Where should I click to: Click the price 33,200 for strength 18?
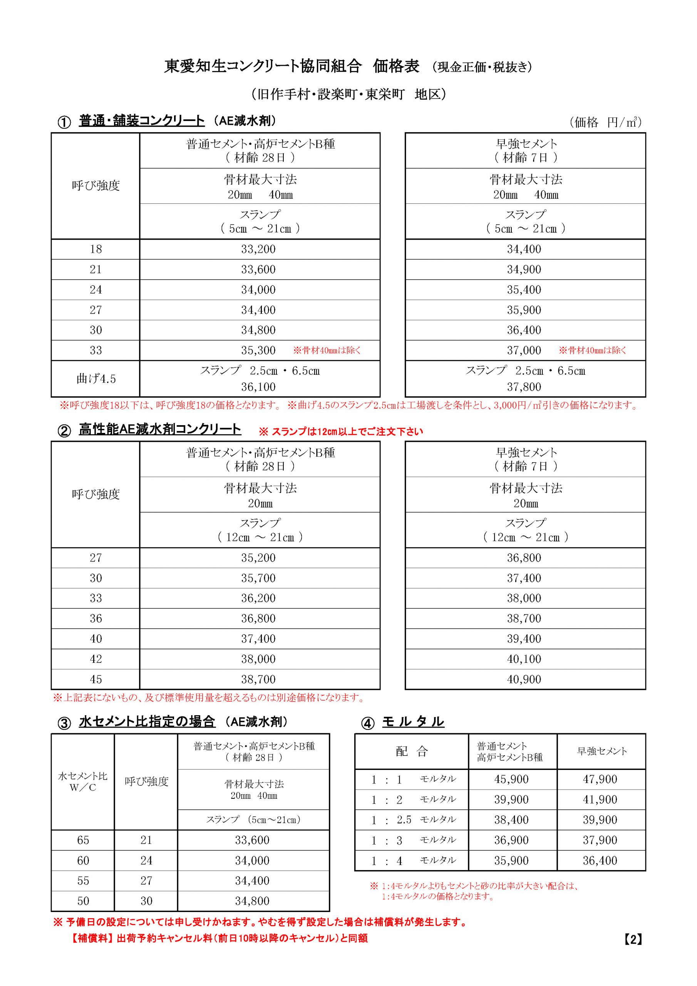click(258, 249)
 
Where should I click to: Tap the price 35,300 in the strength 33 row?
click(258, 350)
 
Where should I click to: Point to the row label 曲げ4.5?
click(96, 379)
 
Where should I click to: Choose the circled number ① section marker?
click(64, 122)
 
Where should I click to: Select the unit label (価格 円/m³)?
click(605, 122)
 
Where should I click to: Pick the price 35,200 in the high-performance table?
click(258, 558)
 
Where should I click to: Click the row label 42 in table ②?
click(96, 659)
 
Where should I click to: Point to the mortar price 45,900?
click(511, 780)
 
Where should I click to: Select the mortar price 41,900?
click(600, 800)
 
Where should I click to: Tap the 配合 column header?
click(411, 751)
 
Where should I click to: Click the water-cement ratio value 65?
click(83, 840)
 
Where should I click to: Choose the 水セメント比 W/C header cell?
click(83, 781)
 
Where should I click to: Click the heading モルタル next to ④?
click(413, 722)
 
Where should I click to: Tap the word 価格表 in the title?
click(395, 66)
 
